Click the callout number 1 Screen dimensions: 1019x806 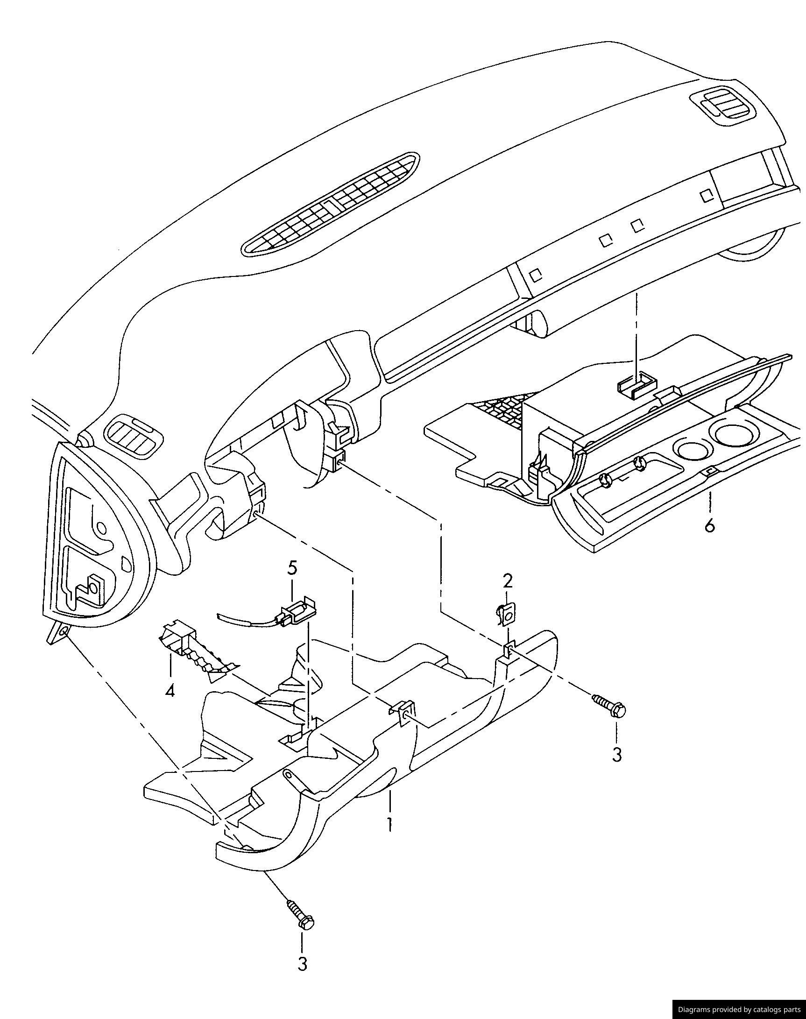(389, 824)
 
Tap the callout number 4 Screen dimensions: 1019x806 (170, 692)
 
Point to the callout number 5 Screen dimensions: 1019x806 (292, 568)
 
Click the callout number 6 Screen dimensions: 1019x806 (709, 525)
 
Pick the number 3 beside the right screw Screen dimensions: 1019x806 (617, 755)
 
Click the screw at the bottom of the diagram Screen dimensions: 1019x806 (300, 915)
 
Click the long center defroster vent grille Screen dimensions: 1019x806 (330, 203)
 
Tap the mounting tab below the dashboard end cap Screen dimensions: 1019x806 (59, 631)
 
